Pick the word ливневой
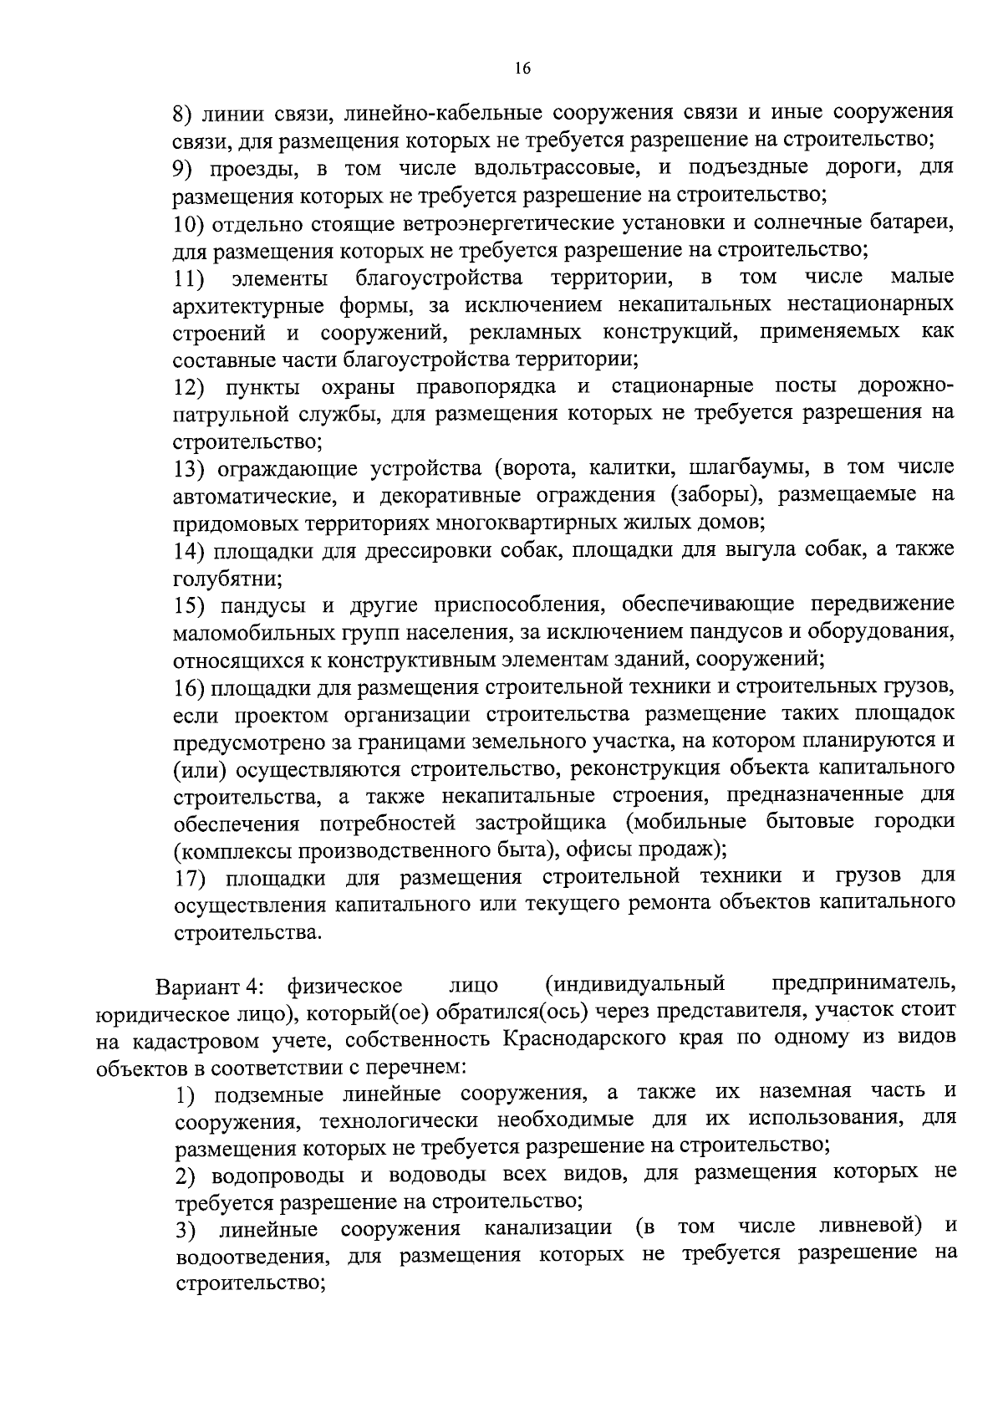click(870, 1226)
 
